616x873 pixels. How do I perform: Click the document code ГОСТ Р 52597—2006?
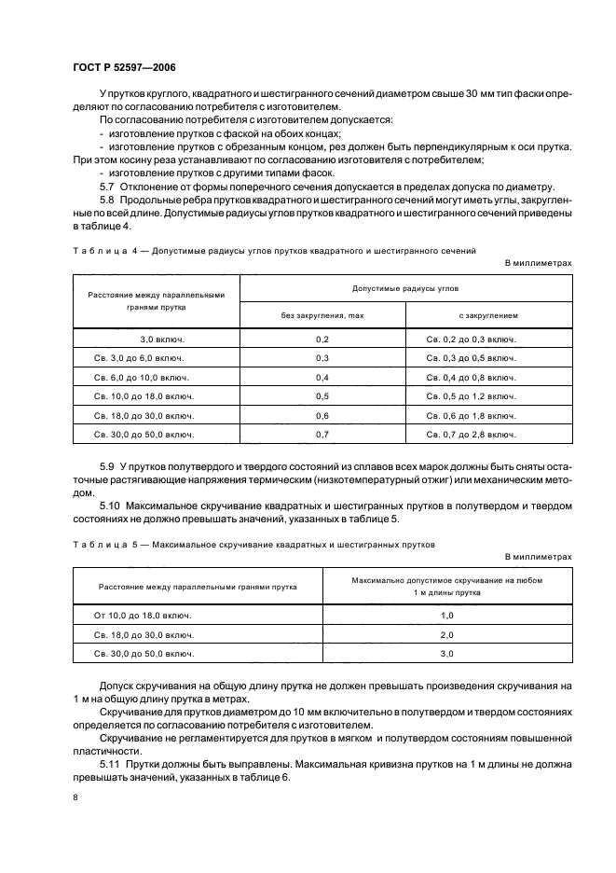(x=124, y=67)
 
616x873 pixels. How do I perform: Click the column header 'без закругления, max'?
(x=322, y=316)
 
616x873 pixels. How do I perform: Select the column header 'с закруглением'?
(x=488, y=316)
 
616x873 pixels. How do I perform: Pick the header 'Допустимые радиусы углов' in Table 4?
(x=405, y=289)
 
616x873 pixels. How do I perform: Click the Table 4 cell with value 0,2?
(x=322, y=340)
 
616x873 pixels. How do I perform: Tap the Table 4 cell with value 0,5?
(x=322, y=396)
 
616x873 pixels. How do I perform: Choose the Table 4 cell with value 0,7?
(x=322, y=435)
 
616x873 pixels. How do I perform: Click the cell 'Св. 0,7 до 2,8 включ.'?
(x=471, y=435)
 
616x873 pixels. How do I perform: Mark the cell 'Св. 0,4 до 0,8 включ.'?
(x=471, y=378)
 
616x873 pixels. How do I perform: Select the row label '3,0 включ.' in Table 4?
(x=157, y=340)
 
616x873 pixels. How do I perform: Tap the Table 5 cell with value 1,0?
(x=446, y=617)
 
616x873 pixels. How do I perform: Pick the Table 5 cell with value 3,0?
(x=446, y=654)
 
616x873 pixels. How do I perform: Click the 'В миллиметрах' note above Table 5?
(x=538, y=557)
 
